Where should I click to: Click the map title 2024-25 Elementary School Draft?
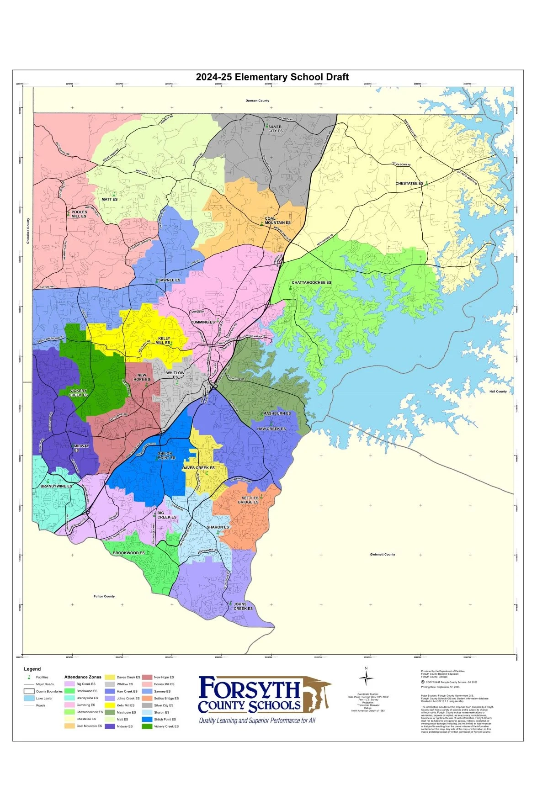(x=272, y=77)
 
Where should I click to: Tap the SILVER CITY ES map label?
(x=275, y=129)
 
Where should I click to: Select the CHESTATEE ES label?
(x=409, y=183)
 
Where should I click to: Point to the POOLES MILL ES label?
(x=79, y=214)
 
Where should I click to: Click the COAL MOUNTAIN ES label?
(x=277, y=221)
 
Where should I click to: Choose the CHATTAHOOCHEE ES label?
(x=311, y=282)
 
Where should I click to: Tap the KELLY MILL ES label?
(x=163, y=340)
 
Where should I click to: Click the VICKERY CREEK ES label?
(x=78, y=393)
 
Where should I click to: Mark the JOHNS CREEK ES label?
(x=242, y=606)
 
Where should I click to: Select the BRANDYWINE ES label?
(x=56, y=486)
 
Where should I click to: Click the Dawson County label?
(x=257, y=101)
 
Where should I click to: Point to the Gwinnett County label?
(x=383, y=554)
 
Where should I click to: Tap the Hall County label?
(x=498, y=391)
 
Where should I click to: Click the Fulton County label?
(x=104, y=596)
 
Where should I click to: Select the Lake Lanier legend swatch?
(x=29, y=698)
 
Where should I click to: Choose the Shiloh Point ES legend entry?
(x=165, y=719)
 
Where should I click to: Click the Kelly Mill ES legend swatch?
(x=110, y=705)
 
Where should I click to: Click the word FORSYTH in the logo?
(x=249, y=689)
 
